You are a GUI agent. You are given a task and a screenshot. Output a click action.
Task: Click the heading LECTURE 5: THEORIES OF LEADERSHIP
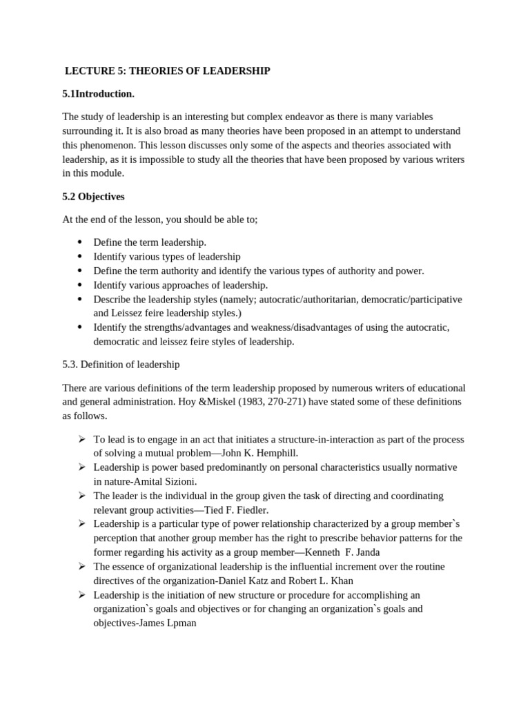pyautogui.click(x=167, y=70)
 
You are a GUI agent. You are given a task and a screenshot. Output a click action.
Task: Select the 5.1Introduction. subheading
pyautogui.click(x=98, y=93)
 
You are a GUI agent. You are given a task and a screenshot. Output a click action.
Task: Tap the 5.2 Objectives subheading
pyautogui.click(x=93, y=197)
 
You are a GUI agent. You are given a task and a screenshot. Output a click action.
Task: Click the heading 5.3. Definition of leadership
pyautogui.click(x=121, y=364)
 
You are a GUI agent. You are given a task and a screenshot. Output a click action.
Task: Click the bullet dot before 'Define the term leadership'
pyautogui.click(x=79, y=242)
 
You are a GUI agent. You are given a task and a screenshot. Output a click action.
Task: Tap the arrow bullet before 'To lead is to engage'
pyautogui.click(x=81, y=439)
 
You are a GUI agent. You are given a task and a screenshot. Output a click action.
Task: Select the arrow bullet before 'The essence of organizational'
pyautogui.click(x=81, y=566)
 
